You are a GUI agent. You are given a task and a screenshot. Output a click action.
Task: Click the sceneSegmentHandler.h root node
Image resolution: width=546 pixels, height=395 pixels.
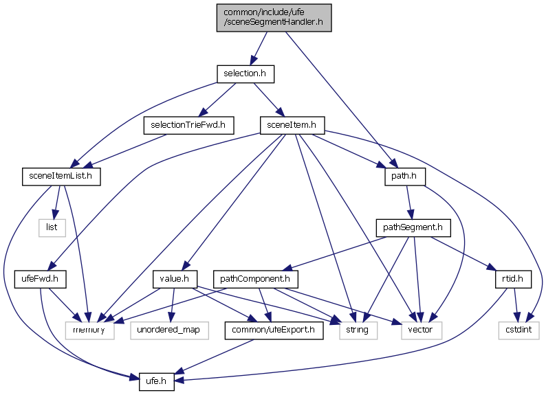point(273,17)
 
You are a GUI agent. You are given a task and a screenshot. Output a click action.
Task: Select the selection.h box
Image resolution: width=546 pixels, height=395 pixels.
point(245,72)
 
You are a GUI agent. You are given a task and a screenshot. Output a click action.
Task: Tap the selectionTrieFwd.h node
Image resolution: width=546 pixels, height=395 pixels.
point(188,125)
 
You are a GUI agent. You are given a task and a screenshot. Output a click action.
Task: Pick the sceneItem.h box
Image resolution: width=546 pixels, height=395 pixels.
point(292,125)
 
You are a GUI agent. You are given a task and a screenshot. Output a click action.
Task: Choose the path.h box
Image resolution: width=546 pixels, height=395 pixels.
point(405,177)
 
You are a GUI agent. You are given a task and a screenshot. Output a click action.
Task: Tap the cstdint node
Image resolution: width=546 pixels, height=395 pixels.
point(519,330)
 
